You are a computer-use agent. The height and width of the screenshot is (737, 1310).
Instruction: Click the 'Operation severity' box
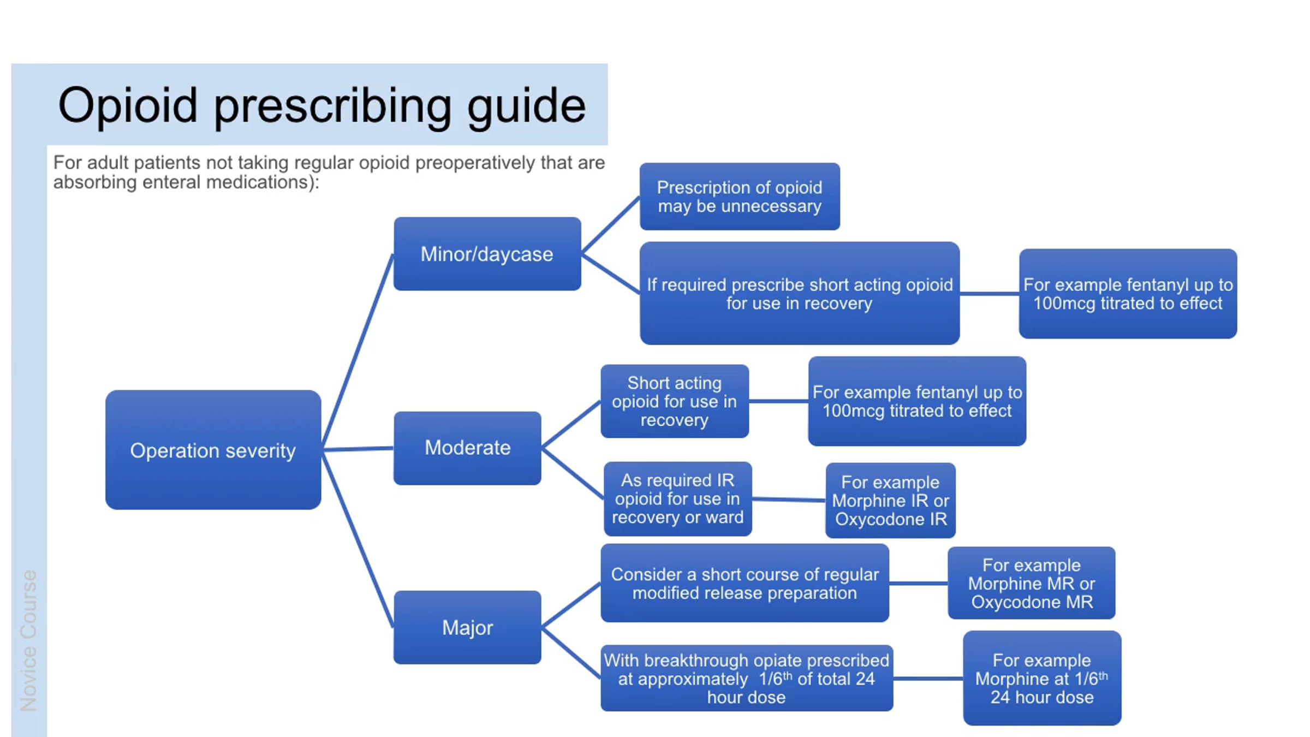pos(213,450)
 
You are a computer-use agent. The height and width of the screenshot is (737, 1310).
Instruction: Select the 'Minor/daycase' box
pos(487,254)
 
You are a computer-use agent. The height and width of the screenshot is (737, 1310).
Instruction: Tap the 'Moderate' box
pos(467,448)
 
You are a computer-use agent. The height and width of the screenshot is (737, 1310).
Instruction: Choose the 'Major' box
pos(467,627)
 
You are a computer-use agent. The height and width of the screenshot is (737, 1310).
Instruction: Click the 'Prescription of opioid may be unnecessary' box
pos(739,197)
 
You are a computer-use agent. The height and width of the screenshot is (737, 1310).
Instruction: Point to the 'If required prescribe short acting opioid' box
pos(799,293)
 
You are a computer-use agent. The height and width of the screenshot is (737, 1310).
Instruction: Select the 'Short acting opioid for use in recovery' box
pos(674,401)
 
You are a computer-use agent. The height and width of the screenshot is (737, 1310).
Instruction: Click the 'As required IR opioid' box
pos(677,498)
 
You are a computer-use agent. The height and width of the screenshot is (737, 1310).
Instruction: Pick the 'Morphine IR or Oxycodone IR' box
pos(890,500)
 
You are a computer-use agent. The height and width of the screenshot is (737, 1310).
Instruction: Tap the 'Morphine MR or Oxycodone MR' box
pos(1031,583)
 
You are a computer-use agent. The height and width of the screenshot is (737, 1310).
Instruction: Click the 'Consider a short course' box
pos(745,583)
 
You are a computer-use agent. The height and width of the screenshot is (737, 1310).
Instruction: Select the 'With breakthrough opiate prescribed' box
pos(746,678)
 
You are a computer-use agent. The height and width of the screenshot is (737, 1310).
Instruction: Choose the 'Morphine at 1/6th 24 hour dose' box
pos(1041,678)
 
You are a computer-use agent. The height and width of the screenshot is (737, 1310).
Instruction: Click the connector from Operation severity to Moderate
pos(358,449)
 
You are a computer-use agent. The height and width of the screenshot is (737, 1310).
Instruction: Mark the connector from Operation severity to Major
pos(358,540)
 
